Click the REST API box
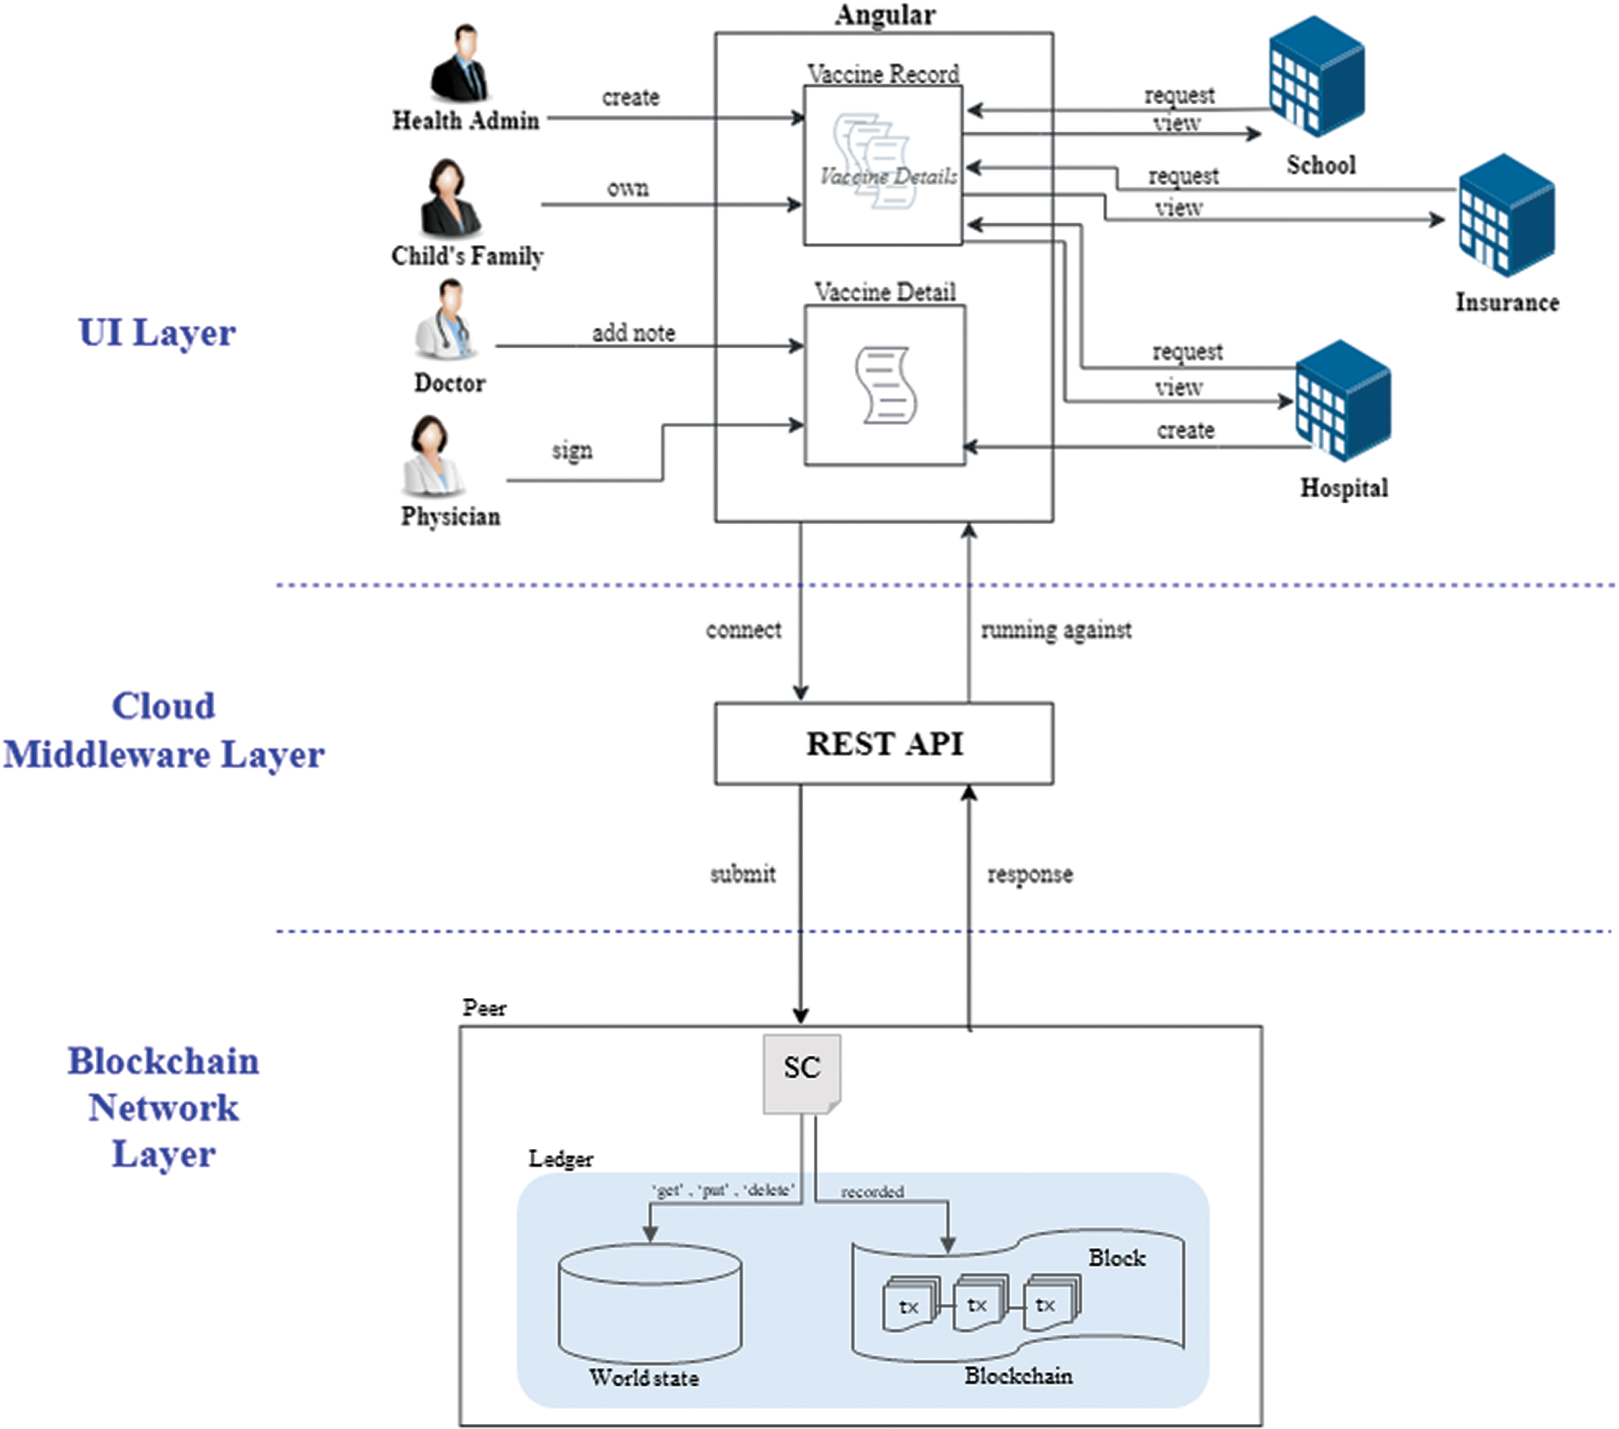coord(883,743)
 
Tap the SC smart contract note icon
coord(802,1073)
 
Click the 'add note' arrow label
coord(633,333)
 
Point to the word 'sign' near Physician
coord(572,451)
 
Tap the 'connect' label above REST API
coord(743,630)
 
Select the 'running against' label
coord(1056,630)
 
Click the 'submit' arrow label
coord(742,874)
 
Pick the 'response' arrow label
coord(1030,875)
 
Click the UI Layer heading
coord(157,332)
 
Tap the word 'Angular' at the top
coord(885,15)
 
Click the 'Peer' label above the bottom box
coord(484,1008)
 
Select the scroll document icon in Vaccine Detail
coord(885,386)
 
